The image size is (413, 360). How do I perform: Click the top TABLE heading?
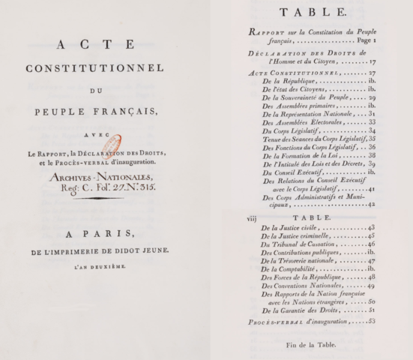[x=309, y=13]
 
